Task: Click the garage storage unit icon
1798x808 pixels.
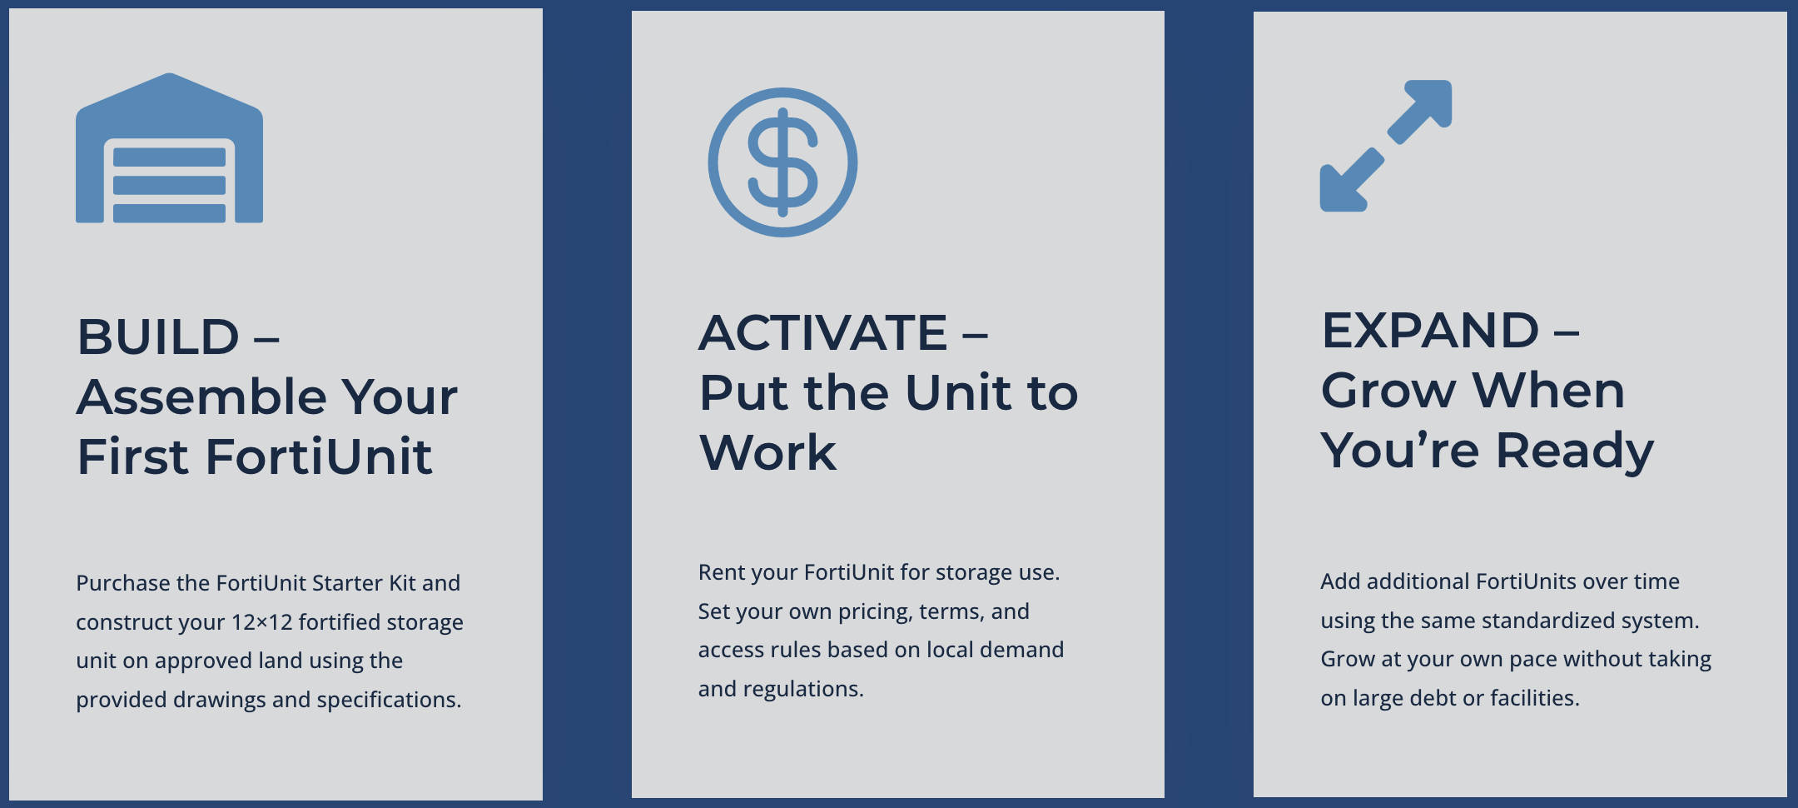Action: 169,148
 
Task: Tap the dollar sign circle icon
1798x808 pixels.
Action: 782,162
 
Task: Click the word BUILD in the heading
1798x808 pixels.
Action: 158,337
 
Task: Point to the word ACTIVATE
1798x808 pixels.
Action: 822,333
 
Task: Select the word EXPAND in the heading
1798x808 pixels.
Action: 1430,331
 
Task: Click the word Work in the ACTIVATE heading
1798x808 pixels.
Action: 767,453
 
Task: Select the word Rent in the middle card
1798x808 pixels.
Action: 720,572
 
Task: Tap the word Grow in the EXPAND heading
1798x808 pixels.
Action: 1388,391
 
